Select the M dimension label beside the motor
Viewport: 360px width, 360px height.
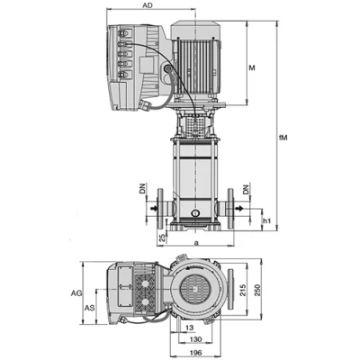252,67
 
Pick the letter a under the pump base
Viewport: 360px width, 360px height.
195,243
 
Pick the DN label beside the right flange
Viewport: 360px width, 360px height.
249,191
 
